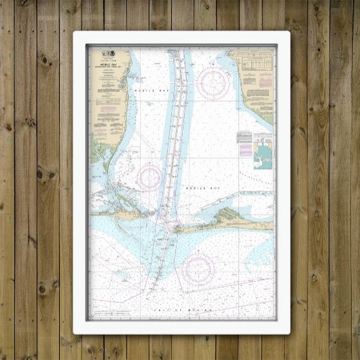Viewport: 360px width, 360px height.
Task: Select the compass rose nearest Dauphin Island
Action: [x=149, y=176]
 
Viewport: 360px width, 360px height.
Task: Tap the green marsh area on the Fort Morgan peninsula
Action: [x=234, y=215]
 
